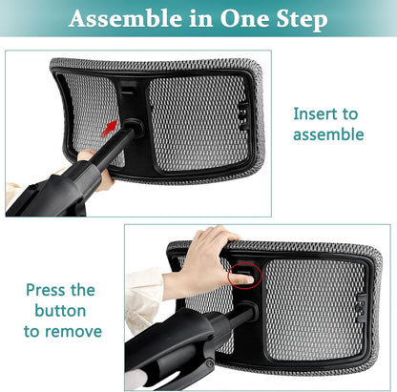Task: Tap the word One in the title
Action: tap(240, 19)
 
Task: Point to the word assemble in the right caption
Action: tap(328, 134)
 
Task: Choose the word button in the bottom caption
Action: tap(59, 311)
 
